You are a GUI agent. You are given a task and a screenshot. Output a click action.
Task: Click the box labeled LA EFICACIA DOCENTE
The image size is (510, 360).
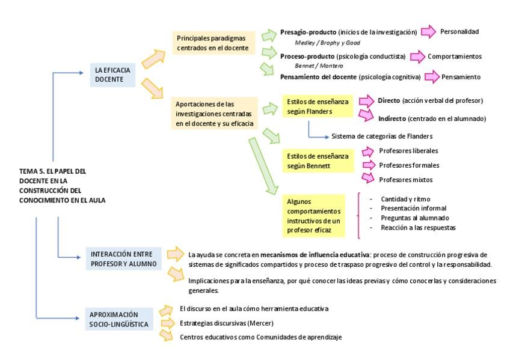[112, 75]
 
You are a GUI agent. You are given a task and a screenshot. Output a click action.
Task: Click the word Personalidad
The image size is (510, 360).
[459, 32]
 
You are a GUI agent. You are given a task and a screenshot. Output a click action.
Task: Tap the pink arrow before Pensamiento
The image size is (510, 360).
[431, 77]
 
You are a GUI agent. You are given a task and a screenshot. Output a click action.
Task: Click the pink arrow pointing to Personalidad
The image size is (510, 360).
[428, 32]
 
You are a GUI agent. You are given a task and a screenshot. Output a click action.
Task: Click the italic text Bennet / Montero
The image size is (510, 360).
[319, 66]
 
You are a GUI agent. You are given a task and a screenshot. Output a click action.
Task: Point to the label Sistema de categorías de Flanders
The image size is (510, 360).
[382, 136]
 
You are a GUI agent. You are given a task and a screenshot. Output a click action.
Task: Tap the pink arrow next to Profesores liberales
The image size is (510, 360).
[367, 151]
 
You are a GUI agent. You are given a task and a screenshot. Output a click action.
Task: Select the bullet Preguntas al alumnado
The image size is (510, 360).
[414, 218]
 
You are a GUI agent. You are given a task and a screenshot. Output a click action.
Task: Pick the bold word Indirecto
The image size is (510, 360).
[392, 118]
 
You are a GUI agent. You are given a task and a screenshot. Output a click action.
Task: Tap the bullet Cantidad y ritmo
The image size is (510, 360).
[405, 198]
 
